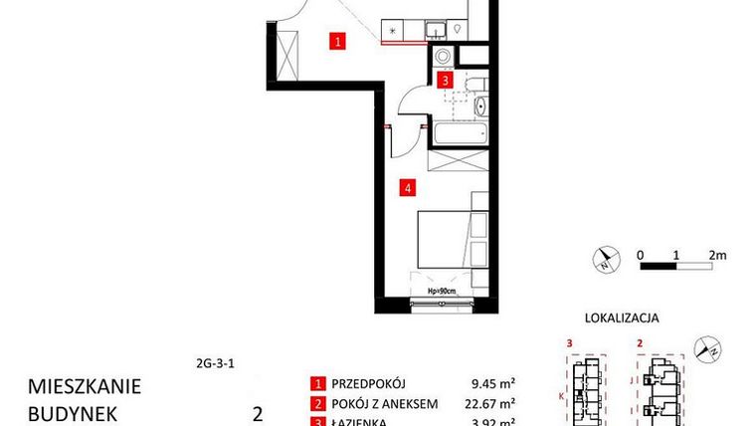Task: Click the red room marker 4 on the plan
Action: (407, 185)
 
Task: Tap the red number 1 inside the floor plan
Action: (338, 42)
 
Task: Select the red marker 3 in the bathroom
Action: (447, 81)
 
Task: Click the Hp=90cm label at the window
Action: (441, 292)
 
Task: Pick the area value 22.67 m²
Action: (492, 403)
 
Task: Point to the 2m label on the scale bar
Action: (717, 254)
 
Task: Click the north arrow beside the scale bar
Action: (605, 261)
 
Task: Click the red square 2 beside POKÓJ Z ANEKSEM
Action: (318, 403)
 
